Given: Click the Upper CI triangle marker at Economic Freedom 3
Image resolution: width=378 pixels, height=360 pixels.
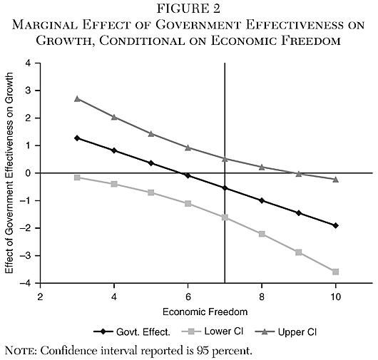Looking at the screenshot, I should tap(77, 98).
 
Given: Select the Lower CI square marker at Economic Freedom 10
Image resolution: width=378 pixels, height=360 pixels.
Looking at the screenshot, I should tap(335, 272).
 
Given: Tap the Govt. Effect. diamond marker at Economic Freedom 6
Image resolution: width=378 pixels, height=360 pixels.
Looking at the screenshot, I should tap(188, 175).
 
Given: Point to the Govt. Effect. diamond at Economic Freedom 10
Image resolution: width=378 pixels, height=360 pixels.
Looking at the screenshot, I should tap(335, 225).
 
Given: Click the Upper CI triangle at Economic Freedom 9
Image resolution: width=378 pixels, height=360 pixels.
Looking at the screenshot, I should tap(298, 173).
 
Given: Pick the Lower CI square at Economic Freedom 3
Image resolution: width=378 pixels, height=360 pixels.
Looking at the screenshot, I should tap(77, 178).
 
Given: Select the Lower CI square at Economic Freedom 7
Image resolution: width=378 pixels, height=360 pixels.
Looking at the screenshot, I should tap(225, 217).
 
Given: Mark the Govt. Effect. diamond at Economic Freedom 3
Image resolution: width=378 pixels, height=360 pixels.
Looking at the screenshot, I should tap(77, 138).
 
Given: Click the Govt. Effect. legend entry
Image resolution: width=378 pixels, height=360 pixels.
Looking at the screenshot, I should tap(129, 331).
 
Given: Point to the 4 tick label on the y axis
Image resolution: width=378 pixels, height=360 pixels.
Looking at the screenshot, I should tap(28, 63).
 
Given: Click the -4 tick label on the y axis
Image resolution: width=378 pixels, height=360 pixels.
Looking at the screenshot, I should tap(26, 283).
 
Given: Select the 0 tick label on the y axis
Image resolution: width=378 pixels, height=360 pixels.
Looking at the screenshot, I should tap(28, 173).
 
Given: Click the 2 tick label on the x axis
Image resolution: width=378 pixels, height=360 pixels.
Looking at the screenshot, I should tap(41, 295).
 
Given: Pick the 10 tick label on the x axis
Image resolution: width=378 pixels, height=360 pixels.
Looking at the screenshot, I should tap(335, 295).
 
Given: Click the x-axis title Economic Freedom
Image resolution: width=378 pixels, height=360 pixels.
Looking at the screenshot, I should tap(188, 311).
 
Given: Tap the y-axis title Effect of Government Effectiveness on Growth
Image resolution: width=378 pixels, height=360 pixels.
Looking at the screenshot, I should tap(9, 173).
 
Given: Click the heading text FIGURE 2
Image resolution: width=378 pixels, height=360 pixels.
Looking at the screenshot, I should tap(188, 9).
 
